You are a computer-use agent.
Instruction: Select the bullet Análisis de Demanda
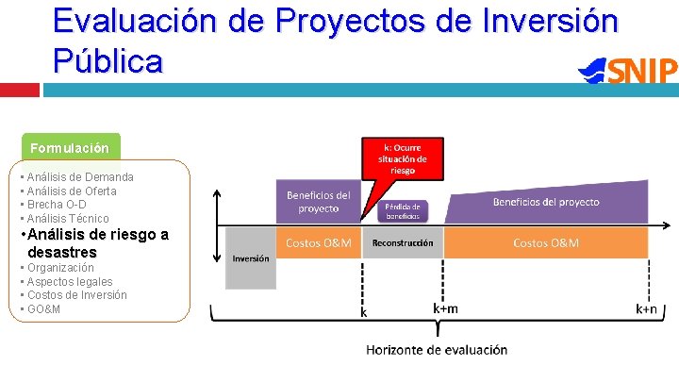click(81, 177)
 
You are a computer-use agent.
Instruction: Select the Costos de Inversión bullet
click(77, 295)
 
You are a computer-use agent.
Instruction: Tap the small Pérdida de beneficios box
click(403, 211)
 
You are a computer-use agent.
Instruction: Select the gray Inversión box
click(251, 257)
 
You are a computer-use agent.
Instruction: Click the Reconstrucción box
click(403, 243)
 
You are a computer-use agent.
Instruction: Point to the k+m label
click(445, 308)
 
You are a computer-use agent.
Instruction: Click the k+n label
click(646, 309)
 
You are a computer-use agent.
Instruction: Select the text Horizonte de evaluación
click(437, 350)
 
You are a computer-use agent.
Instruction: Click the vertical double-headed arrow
click(218, 226)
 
